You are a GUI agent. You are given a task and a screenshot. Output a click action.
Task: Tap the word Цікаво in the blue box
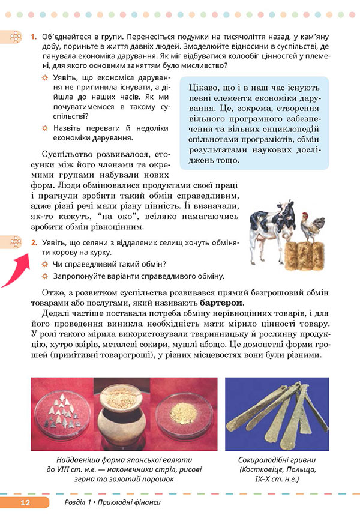(x=203, y=89)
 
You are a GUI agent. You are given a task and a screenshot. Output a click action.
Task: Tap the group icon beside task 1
(x=13, y=38)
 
